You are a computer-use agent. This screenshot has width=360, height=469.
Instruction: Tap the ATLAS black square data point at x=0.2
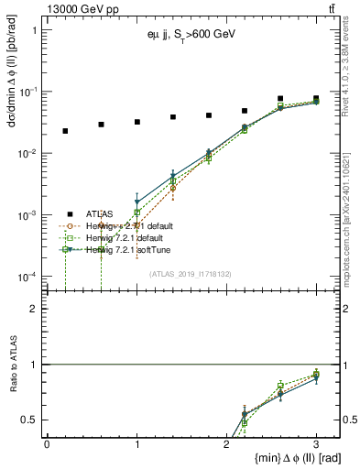(65, 131)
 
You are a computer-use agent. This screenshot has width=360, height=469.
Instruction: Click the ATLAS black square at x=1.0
(136, 122)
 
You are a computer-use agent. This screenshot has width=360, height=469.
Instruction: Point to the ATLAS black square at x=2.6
(280, 99)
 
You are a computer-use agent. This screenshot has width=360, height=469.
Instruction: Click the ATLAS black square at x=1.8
(209, 115)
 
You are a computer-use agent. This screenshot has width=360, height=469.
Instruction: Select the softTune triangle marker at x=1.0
(136, 202)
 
